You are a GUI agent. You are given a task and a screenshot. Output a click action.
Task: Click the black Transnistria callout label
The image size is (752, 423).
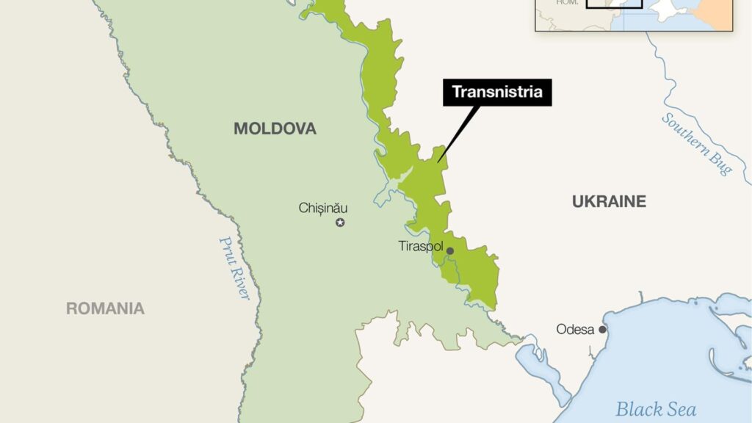point(496,93)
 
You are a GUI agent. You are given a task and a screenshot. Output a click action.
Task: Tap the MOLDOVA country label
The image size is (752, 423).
point(275,129)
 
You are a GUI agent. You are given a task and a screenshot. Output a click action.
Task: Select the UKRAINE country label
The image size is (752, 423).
point(609,201)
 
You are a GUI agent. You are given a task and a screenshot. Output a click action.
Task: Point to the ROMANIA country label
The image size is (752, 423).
point(105,308)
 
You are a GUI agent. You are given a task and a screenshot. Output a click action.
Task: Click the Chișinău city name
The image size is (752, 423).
point(323,208)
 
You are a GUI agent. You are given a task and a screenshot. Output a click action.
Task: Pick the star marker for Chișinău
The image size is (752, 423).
point(340,223)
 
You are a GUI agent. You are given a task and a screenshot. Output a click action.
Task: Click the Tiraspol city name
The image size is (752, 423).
point(421,246)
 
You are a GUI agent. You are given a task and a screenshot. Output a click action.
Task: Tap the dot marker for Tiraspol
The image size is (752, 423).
point(450,251)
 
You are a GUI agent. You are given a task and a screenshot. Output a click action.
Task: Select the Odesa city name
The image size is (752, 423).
point(575,329)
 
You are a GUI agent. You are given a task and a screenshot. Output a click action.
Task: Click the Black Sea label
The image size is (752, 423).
point(655,409)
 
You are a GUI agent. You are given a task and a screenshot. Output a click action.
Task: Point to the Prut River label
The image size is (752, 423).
point(235,268)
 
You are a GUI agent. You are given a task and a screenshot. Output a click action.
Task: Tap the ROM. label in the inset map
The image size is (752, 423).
point(566,3)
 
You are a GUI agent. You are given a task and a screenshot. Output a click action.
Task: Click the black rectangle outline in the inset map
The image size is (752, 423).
point(614,6)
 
